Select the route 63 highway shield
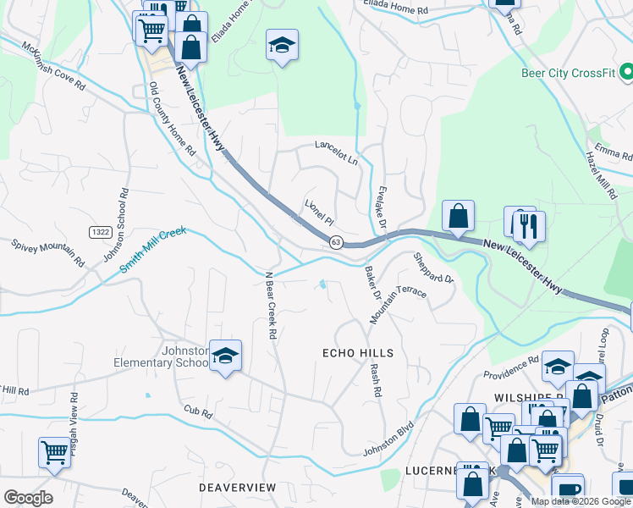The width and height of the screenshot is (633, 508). click(x=336, y=243)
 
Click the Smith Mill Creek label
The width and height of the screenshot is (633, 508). click(x=152, y=249)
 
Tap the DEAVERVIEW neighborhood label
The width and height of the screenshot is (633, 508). click(x=237, y=488)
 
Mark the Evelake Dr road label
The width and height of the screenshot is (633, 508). click(x=381, y=206)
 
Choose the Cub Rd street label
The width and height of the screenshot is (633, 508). click(x=196, y=410)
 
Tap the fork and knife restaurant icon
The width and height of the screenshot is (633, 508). click(x=529, y=225)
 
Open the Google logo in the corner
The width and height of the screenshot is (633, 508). click(x=28, y=498)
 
